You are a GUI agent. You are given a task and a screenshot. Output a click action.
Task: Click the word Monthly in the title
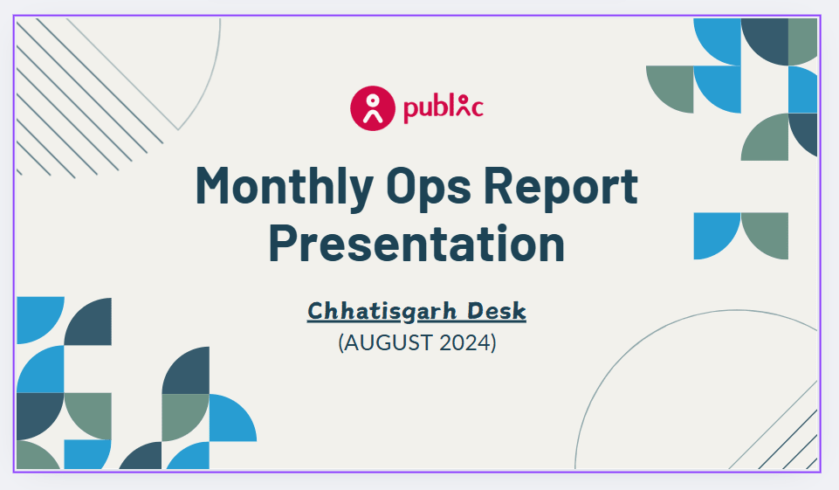(284, 187)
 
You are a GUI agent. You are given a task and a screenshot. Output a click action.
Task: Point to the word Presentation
(416, 243)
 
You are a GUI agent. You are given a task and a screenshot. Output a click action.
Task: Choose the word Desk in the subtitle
(497, 311)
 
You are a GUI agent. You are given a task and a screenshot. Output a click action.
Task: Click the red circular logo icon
(373, 108)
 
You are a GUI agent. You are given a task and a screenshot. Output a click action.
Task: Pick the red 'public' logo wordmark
(444, 108)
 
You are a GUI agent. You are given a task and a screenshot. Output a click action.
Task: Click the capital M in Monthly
(215, 185)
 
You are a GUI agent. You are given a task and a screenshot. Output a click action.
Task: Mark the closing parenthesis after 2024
(492, 342)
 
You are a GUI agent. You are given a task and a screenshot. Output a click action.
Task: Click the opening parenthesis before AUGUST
(341, 342)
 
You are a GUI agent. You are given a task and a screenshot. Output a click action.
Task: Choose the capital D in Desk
(475, 311)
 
